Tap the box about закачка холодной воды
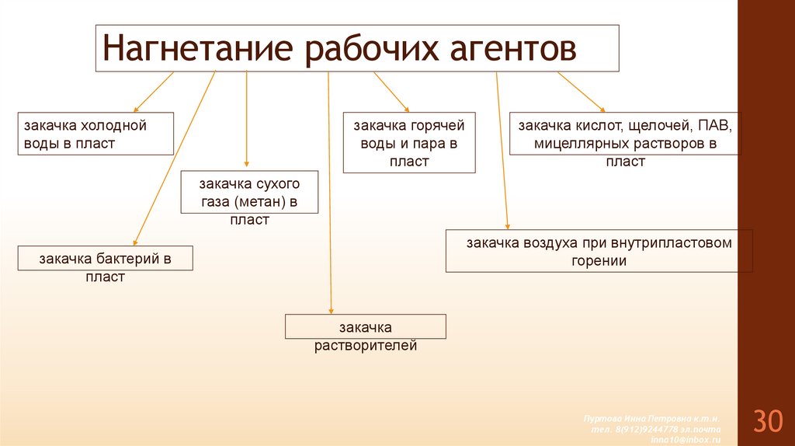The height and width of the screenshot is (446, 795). (95, 134)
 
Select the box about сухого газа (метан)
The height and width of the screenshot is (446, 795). (249, 193)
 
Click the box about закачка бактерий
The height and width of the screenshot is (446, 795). (106, 259)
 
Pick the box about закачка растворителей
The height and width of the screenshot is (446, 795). (366, 326)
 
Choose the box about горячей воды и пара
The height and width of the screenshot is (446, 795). (409, 142)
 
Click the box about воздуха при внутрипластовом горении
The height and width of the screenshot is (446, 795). (599, 250)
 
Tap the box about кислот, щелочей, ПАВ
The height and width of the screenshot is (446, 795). (626, 134)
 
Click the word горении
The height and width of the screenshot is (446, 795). (599, 261)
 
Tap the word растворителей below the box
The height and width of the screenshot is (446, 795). (366, 346)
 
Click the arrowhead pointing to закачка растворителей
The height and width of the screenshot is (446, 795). (332, 309)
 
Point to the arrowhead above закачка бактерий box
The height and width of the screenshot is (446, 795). (135, 242)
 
